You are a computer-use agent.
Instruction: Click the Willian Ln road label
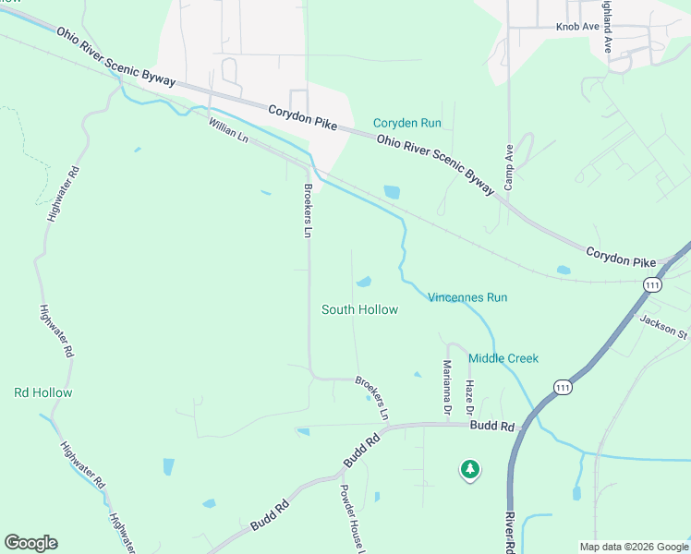(x=229, y=130)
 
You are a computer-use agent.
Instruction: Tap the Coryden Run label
(x=406, y=123)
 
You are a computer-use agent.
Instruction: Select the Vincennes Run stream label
(x=467, y=297)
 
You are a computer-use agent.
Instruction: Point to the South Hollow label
(x=359, y=309)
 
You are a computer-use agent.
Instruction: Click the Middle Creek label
(x=503, y=358)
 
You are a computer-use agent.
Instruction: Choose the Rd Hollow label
(x=42, y=392)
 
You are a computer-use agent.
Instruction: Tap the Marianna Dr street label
(x=447, y=386)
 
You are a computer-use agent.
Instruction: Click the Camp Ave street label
(x=508, y=167)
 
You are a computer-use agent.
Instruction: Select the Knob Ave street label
(x=578, y=27)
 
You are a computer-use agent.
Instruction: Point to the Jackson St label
(x=664, y=326)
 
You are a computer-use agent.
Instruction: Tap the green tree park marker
(x=470, y=470)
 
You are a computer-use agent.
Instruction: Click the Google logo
(x=30, y=543)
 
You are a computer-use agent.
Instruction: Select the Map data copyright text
(x=633, y=547)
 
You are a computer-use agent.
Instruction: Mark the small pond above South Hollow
(x=364, y=282)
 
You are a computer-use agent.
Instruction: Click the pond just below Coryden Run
(x=392, y=192)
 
